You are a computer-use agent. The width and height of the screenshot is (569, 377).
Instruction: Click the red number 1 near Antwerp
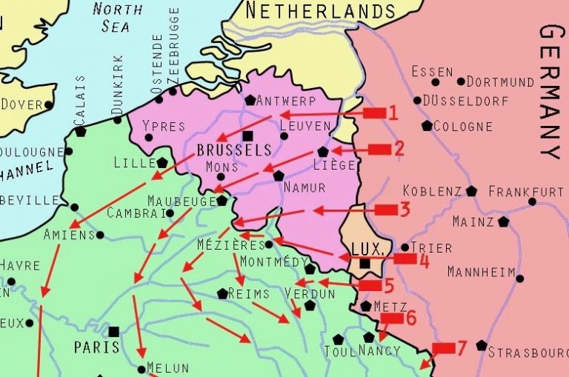coord(393,113)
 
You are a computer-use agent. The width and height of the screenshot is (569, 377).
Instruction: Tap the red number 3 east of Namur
coord(404,210)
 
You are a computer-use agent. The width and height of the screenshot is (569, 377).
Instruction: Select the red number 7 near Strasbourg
coord(462,347)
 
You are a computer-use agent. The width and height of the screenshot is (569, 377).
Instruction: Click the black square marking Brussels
coord(247,136)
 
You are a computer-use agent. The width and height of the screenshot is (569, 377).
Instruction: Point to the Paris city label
coord(96,347)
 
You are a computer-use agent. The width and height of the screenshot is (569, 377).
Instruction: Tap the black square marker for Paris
coord(114,331)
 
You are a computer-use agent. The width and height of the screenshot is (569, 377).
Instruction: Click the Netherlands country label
coord(319,10)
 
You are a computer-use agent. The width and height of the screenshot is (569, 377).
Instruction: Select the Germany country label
coord(552,92)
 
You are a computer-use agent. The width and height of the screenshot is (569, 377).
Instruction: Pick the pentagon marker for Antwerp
coord(250,100)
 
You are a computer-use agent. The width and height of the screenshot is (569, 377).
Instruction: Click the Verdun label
coord(310,294)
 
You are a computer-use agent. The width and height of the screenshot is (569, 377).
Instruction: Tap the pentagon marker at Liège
coord(323,151)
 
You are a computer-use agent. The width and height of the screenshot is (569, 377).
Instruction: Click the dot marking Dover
coord(50,104)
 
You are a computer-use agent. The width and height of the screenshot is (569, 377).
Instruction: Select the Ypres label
coord(163,126)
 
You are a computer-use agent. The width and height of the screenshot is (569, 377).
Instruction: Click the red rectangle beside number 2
coord(379,150)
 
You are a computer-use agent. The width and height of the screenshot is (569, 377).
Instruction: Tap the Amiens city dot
coord(100,236)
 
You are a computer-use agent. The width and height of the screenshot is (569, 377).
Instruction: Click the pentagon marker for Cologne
coord(427,126)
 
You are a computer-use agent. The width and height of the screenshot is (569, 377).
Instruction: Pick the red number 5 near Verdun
coord(388,285)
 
